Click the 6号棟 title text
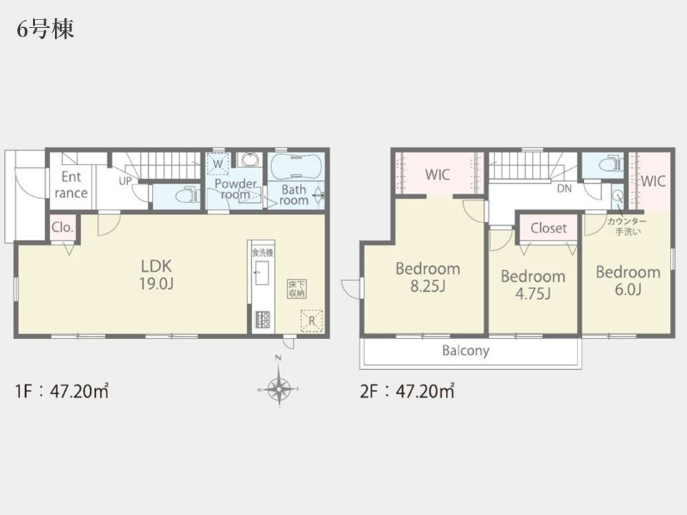point(46,29)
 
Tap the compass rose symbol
point(278,388)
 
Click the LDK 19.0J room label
point(157,275)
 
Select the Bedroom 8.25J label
point(428,277)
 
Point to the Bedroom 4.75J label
point(532,285)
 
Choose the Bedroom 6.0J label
point(628,280)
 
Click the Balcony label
point(465,350)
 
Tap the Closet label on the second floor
point(549,227)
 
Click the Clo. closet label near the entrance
point(62,227)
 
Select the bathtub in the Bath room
point(296,167)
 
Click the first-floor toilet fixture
point(187,196)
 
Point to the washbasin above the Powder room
point(250,160)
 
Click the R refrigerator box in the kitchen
point(311,320)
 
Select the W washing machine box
point(218,165)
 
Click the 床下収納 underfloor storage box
point(296,289)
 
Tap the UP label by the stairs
point(125,181)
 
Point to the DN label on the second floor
point(565,189)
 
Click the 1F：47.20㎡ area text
point(62,391)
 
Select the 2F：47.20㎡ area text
point(407,391)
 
